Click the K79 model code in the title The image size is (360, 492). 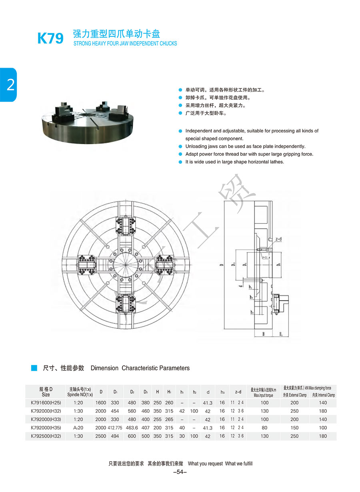click(50, 38)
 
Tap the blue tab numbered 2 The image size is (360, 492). click(8, 85)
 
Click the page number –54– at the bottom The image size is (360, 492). click(180, 472)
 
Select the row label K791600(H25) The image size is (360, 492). click(46, 403)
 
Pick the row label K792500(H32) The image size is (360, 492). click(46, 436)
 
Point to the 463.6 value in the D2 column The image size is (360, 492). click(132, 428)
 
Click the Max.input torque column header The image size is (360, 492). click(264, 392)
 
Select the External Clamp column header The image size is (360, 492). click(294, 395)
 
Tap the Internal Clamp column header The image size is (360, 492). click(323, 395)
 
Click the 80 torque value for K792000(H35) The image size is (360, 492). click(264, 428)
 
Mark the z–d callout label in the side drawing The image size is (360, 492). click(279, 239)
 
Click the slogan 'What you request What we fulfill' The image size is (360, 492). click(220, 464)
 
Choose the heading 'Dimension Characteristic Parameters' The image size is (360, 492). click(140, 368)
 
